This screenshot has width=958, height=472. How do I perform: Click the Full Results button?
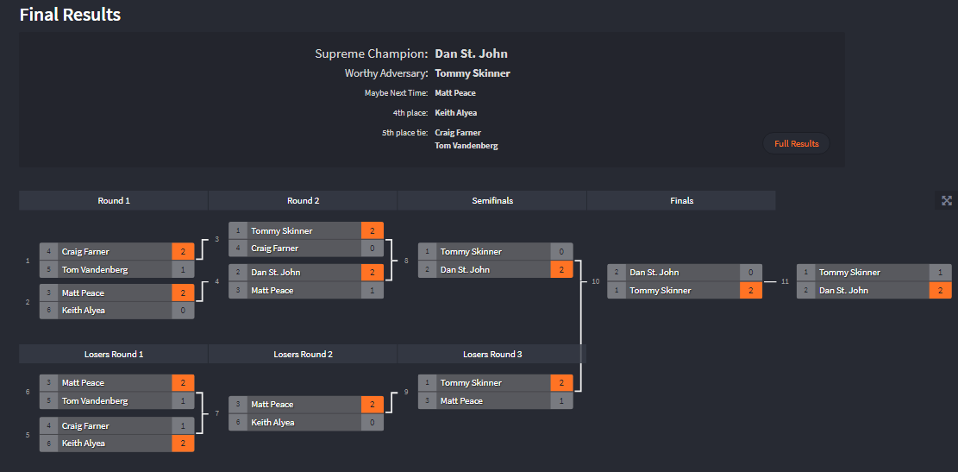[x=796, y=143]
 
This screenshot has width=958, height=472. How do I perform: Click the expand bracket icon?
[x=946, y=200]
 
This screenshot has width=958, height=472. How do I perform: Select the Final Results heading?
[x=70, y=15]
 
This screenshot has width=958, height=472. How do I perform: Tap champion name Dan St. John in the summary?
[x=471, y=53]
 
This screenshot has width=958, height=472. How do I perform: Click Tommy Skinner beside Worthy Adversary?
[x=472, y=73]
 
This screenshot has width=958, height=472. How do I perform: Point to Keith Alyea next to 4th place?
[x=455, y=112]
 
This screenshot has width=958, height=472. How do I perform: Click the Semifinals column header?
[x=492, y=200]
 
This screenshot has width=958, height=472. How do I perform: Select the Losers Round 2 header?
[x=303, y=354]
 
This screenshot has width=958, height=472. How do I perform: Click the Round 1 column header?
[x=114, y=200]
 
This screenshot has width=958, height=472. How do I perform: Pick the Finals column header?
[x=681, y=200]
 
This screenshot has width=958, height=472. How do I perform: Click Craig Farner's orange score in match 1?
[x=183, y=252]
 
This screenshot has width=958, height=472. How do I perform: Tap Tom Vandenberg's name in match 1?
[x=95, y=270]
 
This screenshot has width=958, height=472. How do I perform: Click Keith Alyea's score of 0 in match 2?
[x=183, y=310]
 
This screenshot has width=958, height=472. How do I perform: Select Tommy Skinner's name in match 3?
[x=281, y=231]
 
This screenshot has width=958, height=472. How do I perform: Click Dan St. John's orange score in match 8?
[x=561, y=270]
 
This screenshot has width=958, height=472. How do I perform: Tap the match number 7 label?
[x=217, y=414]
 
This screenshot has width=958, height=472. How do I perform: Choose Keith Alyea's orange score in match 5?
[x=183, y=444]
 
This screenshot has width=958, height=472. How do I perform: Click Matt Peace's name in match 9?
[x=461, y=401]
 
